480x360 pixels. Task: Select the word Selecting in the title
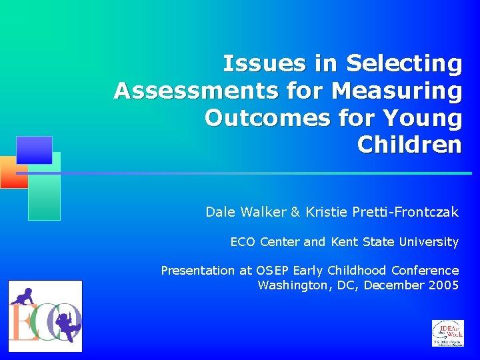(x=404, y=64)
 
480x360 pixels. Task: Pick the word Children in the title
(x=409, y=144)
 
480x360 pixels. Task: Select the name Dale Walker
(x=245, y=212)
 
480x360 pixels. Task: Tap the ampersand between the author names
(x=295, y=212)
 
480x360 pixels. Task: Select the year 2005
(x=444, y=285)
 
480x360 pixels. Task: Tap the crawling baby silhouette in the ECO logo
(x=23, y=295)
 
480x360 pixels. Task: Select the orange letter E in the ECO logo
(x=21, y=323)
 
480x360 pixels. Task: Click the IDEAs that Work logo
(x=448, y=333)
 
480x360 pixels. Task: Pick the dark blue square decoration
(x=34, y=150)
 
